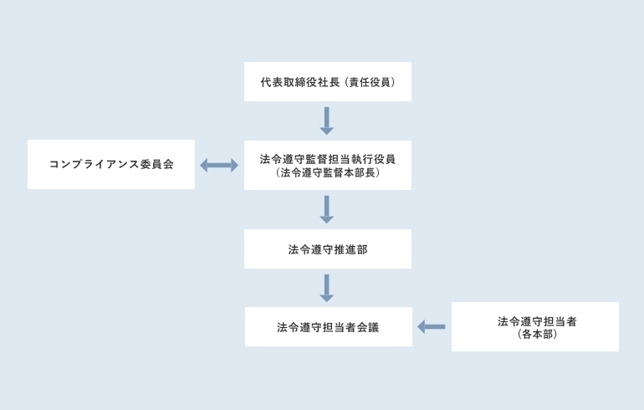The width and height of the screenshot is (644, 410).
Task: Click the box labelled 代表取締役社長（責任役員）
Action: tap(327, 82)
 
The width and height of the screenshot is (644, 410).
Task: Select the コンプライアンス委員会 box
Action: tap(111, 164)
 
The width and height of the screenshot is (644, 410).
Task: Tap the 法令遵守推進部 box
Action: tap(327, 249)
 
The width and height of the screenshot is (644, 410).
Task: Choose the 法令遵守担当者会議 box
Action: tap(327, 326)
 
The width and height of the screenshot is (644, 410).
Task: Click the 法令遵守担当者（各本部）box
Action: tap(534, 326)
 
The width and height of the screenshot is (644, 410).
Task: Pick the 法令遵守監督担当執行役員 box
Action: tap(327, 165)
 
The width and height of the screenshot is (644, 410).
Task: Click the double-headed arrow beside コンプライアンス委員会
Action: tap(219, 166)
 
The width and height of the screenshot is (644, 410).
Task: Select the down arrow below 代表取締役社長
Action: tap(327, 120)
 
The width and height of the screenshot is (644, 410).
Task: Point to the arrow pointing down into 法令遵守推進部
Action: tap(327, 209)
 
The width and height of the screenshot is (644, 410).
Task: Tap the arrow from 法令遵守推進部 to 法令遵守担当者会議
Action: tap(327, 287)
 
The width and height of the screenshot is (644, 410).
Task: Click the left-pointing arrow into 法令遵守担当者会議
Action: tap(432, 326)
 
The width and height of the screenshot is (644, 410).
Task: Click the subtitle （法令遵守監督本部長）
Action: tap(327, 173)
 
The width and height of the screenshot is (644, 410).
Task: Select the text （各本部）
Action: tap(536, 334)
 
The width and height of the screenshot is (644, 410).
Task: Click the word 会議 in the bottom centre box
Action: tap(369, 327)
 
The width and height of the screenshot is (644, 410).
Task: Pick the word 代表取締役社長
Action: tap(300, 83)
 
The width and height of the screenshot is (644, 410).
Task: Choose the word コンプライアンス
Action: tap(95, 165)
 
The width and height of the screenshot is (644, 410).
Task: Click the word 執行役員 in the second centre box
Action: tap(378, 158)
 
